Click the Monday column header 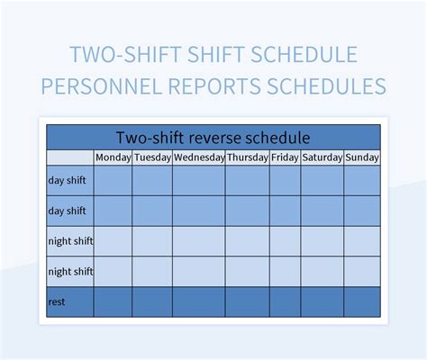[x=113, y=157]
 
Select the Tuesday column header [x=152, y=157]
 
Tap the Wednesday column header [x=199, y=157]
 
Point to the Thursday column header [x=247, y=157]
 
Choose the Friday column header [x=285, y=157]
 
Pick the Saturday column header [x=322, y=157]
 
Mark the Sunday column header [x=362, y=157]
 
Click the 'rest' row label [x=56, y=301]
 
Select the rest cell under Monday [x=113, y=301]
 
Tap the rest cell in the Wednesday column [x=199, y=301]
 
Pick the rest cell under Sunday [x=362, y=301]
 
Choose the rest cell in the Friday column [x=285, y=301]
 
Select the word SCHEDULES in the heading [x=329, y=85]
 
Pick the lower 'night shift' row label [x=70, y=271]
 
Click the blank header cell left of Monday [x=70, y=157]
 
